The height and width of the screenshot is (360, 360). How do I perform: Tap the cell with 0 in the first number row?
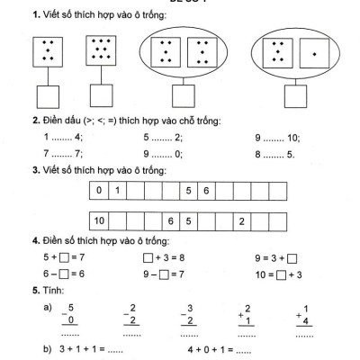(101, 191)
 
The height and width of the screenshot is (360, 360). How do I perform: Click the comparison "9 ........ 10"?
(278, 137)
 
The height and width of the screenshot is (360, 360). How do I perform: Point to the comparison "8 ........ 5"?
(275, 154)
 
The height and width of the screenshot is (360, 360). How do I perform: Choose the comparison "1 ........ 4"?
(62, 137)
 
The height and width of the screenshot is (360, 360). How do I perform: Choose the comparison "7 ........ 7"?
(62, 154)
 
